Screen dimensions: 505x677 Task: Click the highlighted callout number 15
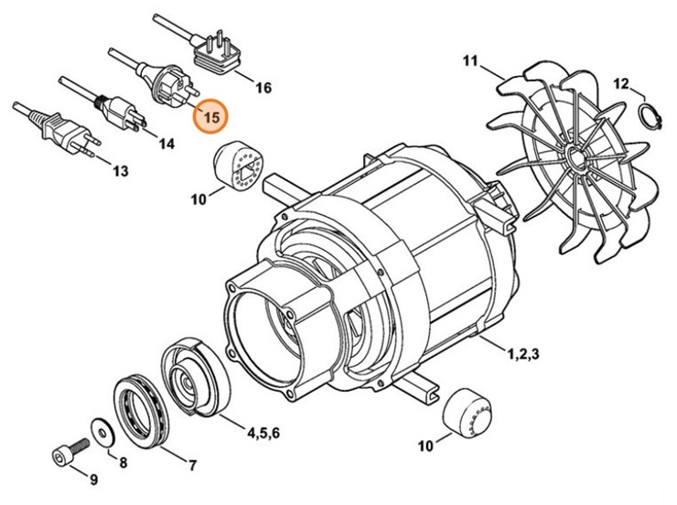coord(211,117)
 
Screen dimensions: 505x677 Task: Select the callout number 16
coord(263,89)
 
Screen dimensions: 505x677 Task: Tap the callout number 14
coord(166,144)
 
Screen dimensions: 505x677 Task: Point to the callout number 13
coord(121,171)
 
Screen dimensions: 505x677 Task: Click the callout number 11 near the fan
coord(470,62)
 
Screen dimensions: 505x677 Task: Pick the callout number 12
coord(621,84)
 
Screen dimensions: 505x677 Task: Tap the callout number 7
coord(192,466)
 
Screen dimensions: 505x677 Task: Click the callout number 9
coord(92,479)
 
